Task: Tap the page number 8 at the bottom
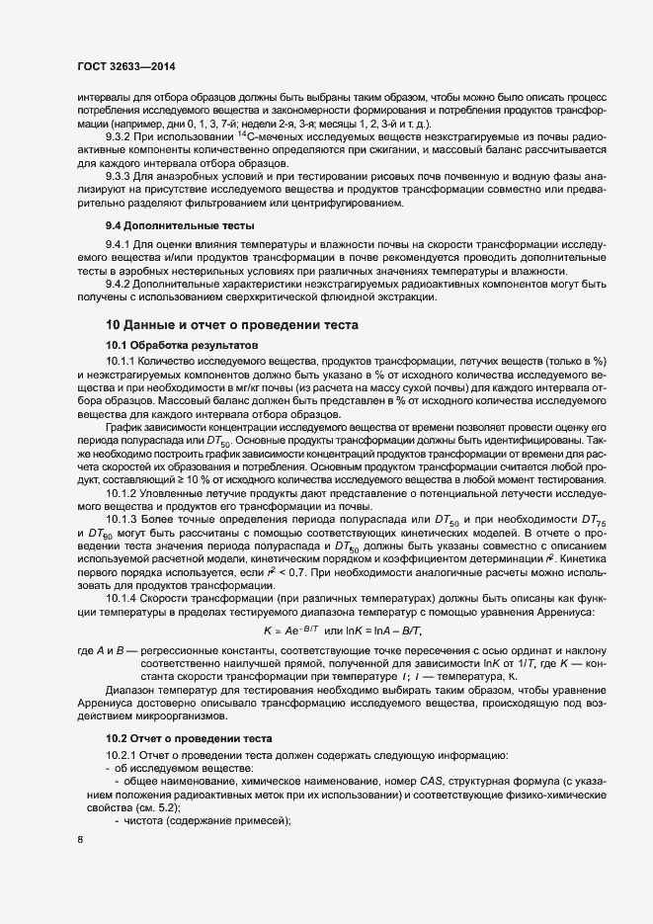tap(79, 840)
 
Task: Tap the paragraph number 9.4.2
tap(121, 284)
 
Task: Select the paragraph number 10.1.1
tap(123, 362)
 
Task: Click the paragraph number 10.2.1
tap(123, 755)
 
